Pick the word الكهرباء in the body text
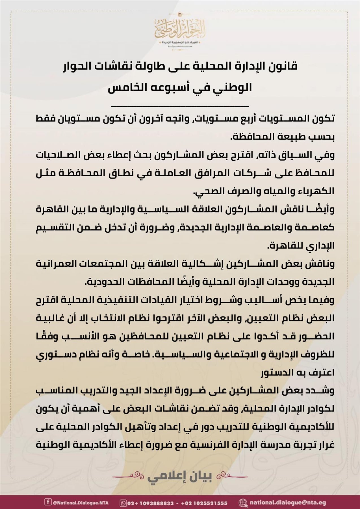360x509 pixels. (x=315, y=191)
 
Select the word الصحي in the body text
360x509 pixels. (x=206, y=191)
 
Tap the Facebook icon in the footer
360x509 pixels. (x=48, y=503)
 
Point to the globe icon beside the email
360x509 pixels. (x=242, y=503)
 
